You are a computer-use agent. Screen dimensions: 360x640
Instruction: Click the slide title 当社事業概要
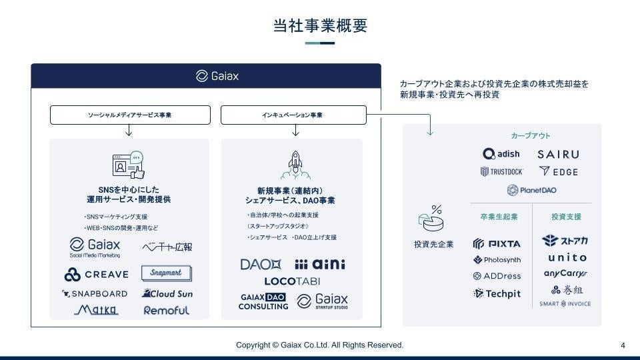320,25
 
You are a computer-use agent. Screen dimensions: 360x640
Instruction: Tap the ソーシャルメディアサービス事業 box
129,115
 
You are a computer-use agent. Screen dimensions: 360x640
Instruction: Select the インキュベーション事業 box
293,115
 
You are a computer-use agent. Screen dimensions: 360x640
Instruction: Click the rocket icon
295,165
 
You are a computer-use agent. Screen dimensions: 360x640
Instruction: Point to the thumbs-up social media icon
129,165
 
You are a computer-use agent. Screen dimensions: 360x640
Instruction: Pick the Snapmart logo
166,273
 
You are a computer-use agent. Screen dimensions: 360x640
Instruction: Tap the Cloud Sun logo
167,293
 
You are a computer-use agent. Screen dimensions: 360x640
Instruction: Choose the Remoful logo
166,310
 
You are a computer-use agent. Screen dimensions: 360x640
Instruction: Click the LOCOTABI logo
293,281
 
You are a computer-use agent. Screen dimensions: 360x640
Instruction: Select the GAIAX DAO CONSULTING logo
263,301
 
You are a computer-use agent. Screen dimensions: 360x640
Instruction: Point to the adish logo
501,155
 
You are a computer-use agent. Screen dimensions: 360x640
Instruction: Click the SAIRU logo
558,155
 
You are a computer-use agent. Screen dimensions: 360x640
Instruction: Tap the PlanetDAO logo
531,190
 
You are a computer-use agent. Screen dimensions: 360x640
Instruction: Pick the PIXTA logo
497,243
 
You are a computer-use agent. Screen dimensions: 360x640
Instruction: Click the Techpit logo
497,293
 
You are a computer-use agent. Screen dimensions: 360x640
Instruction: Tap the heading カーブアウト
531,136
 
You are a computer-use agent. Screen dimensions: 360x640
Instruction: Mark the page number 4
623,345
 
